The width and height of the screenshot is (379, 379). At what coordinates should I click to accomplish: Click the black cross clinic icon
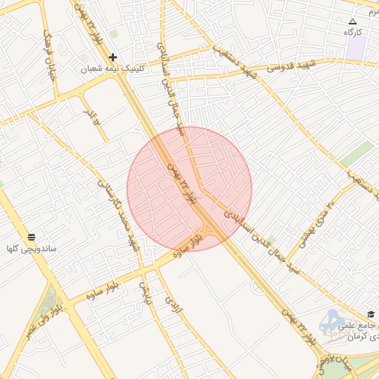113,57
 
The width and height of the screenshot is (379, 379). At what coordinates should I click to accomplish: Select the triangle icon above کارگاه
352,21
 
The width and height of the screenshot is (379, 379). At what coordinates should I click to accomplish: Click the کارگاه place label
352,33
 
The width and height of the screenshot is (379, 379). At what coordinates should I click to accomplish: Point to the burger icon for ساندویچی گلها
31,237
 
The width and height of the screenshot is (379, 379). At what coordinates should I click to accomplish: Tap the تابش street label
146,292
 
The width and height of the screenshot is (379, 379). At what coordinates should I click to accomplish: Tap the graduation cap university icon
370,314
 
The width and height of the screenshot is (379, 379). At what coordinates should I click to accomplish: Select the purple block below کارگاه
357,48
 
